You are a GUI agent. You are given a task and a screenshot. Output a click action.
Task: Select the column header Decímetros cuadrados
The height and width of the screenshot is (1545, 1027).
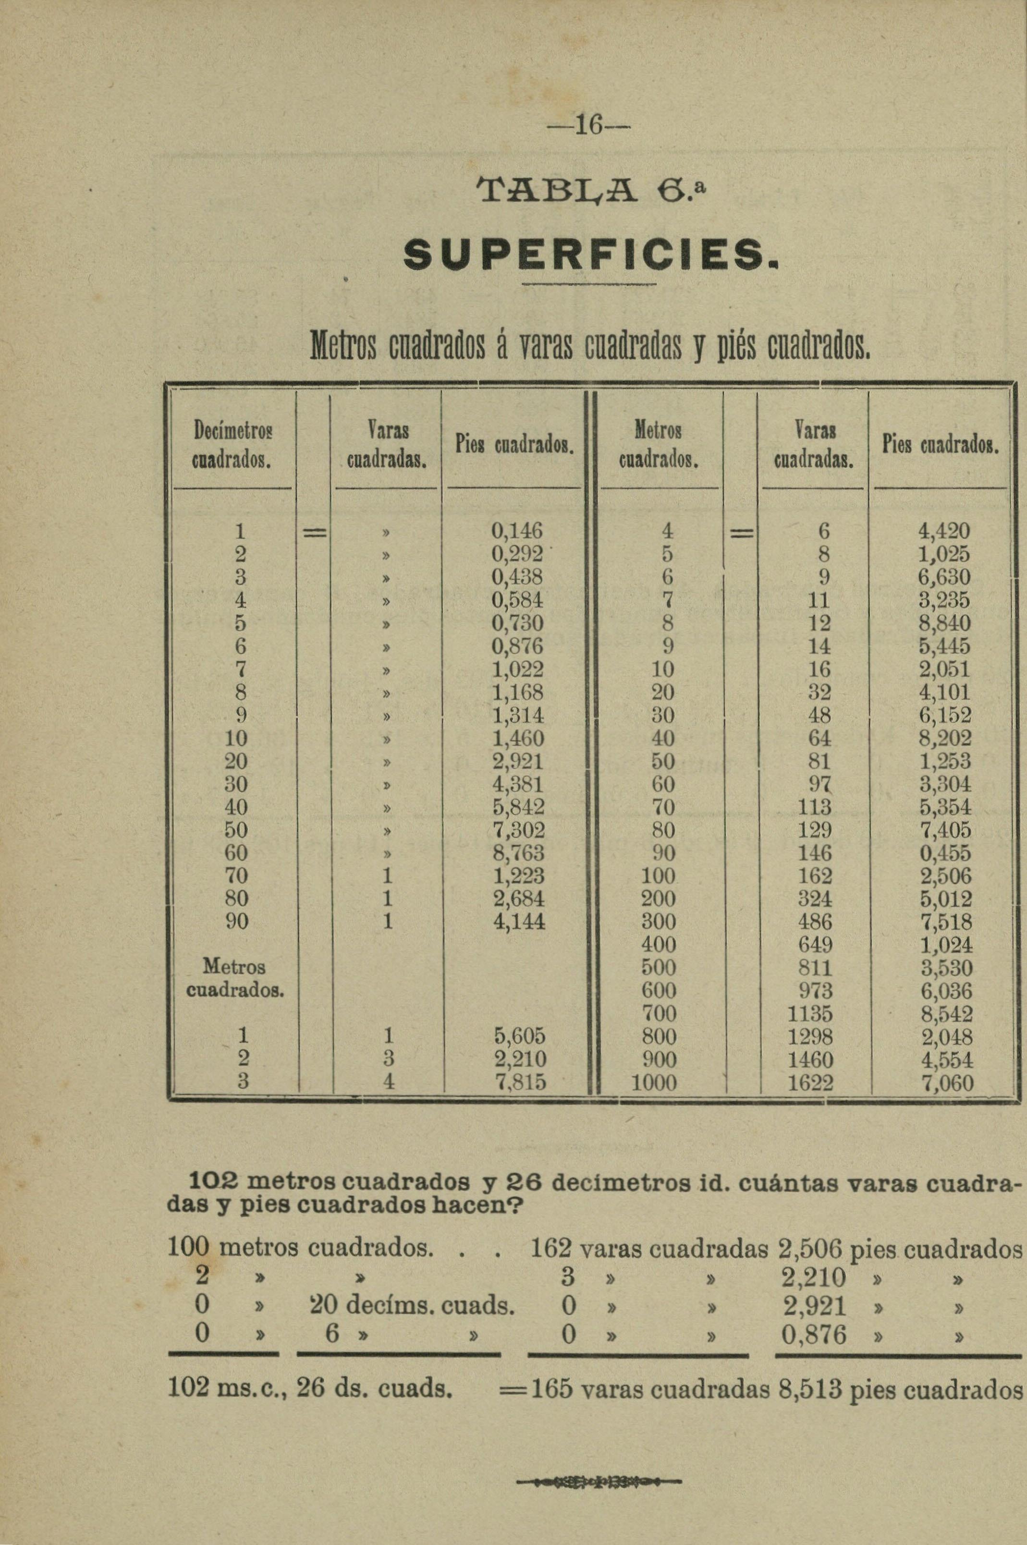coord(232,445)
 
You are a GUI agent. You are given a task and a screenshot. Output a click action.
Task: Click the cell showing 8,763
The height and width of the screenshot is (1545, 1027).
coord(518,853)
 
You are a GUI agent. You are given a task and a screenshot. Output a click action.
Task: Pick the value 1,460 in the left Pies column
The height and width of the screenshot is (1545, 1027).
coord(518,739)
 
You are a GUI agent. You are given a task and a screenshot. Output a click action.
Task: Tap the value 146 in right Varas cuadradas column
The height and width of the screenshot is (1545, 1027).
coord(814,853)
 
